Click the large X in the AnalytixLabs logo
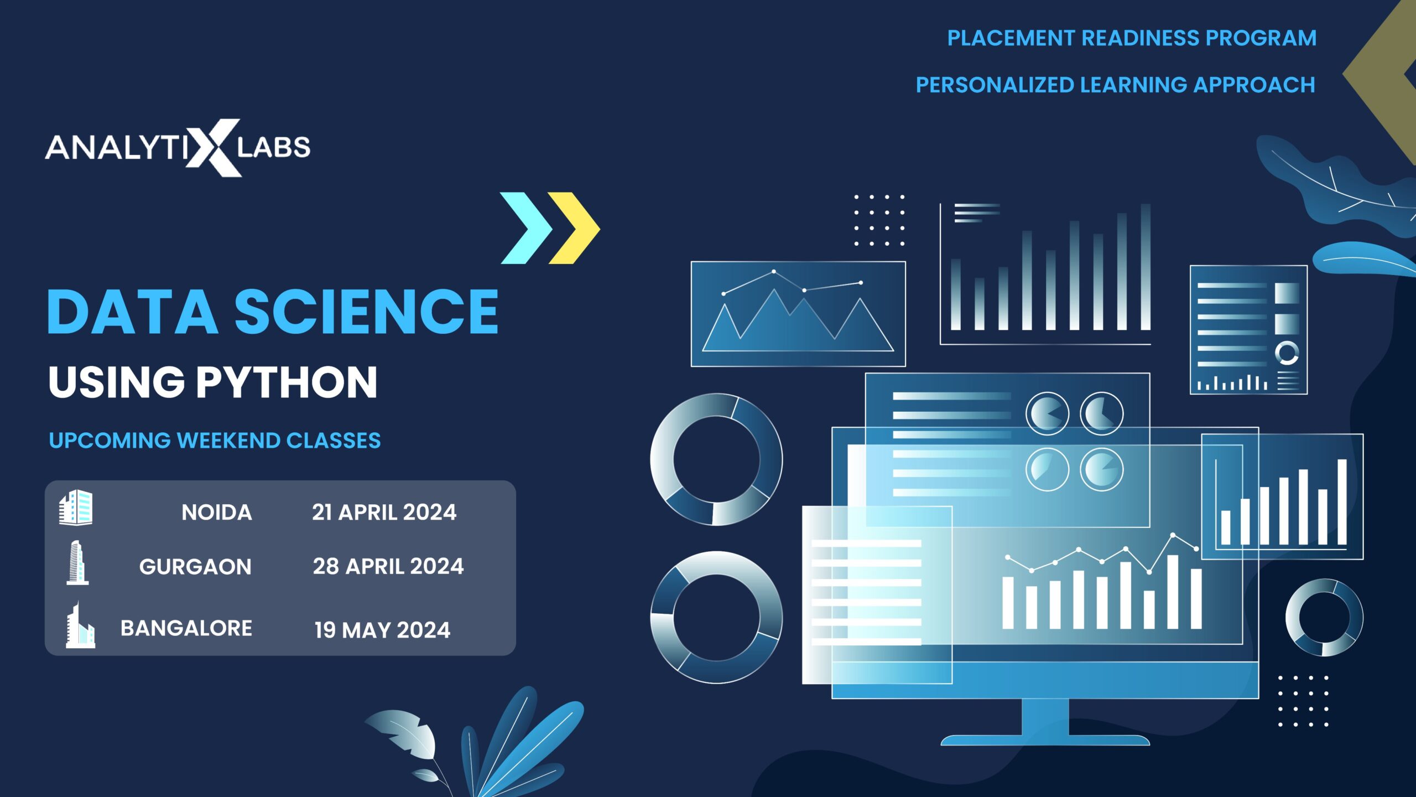click(x=214, y=148)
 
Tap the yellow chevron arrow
click(x=574, y=228)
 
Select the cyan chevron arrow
click(x=526, y=228)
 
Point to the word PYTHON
click(x=287, y=382)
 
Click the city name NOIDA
click(x=217, y=513)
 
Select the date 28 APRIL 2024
click(x=388, y=566)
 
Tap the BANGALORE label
click(x=186, y=628)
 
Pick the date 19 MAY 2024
click(x=382, y=630)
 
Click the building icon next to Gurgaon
click(x=77, y=563)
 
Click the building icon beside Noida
click(x=76, y=507)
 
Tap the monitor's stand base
click(x=1045, y=739)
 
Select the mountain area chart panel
click(x=798, y=314)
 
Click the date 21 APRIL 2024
click(x=384, y=513)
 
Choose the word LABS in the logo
click(x=274, y=148)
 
